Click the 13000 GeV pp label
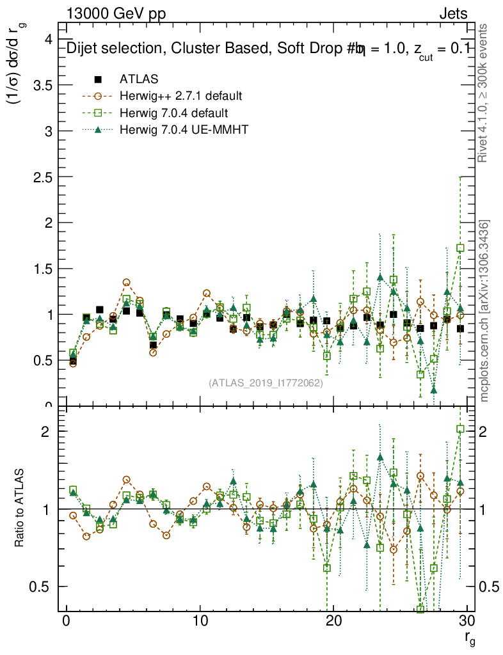[116, 13]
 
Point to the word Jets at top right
[452, 13]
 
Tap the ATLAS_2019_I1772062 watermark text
[265, 384]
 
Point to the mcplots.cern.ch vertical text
[484, 311]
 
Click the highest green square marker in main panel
[460, 248]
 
